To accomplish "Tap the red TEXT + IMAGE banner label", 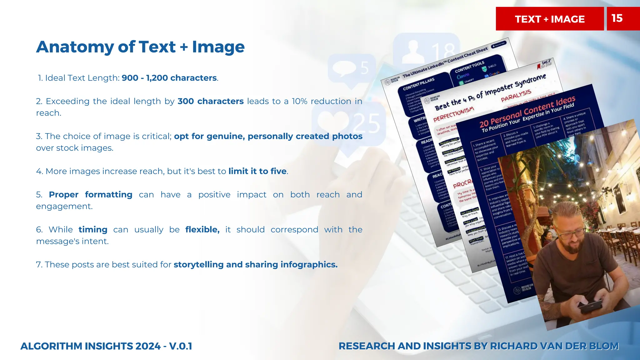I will [x=550, y=19].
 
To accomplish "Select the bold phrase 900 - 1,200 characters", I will [x=169, y=78].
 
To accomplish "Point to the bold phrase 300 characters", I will [x=210, y=101].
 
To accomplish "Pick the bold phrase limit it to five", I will [x=257, y=171].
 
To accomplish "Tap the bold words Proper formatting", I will [x=91, y=195].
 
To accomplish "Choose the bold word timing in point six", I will [x=93, y=230].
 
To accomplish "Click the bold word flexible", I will [x=202, y=230].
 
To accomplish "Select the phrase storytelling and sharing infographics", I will [x=255, y=265].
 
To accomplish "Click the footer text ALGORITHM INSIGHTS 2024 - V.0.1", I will [x=106, y=346].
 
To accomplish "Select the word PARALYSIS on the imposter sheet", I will [x=516, y=96].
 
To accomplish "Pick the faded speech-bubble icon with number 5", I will [x=347, y=69].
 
